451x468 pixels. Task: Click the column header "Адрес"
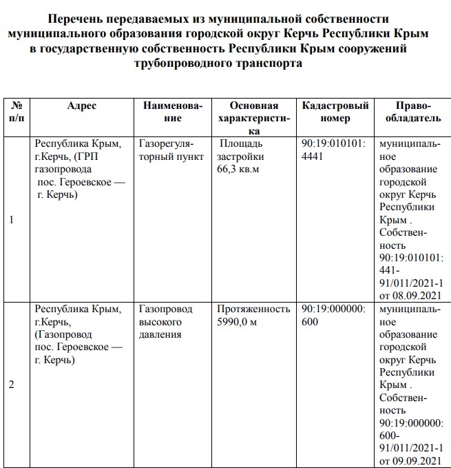82,105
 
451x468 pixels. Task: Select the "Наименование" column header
173,112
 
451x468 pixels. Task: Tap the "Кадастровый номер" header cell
335,112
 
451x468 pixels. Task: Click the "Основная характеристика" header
254,118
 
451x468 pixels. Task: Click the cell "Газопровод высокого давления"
165,322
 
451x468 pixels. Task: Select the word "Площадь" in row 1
240,144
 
